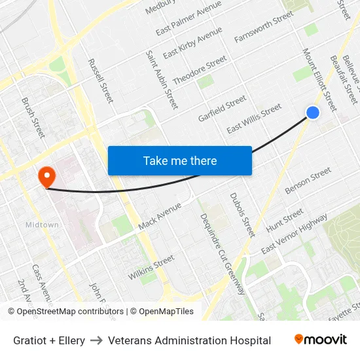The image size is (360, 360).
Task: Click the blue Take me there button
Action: [180, 160]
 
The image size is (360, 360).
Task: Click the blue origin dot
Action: [313, 113]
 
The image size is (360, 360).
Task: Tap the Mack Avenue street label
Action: [160, 216]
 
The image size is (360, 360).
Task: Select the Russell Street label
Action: [100, 81]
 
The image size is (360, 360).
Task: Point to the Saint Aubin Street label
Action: [162, 79]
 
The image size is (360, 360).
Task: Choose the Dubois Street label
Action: [242, 215]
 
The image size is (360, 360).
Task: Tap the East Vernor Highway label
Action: [294, 235]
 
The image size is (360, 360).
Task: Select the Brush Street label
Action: [33, 118]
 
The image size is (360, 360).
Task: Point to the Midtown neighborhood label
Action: [42, 225]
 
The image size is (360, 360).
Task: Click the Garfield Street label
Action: [223, 108]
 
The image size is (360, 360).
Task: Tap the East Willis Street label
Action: [254, 118]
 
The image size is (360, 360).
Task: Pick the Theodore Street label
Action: [200, 71]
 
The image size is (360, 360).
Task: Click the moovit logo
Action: [320, 340]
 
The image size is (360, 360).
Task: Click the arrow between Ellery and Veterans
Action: [96, 340]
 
